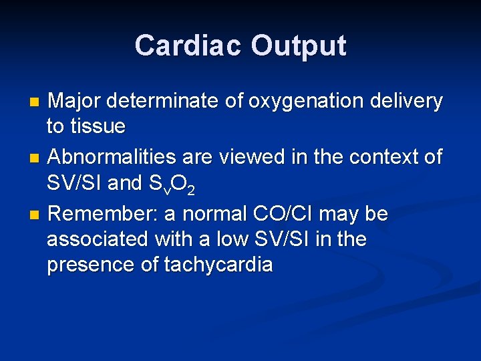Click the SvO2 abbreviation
coord(173,184)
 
